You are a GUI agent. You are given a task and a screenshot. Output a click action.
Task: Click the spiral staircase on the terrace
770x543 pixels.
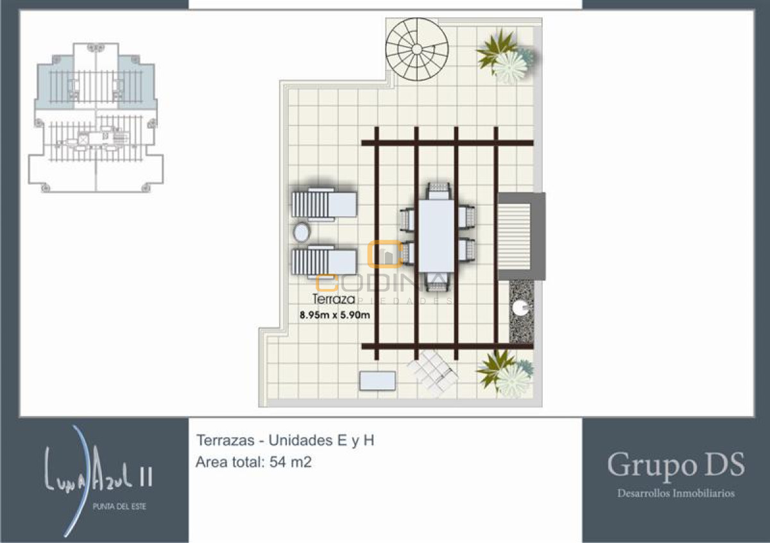417,49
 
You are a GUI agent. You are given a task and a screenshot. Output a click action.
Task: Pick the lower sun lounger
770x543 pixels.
324,262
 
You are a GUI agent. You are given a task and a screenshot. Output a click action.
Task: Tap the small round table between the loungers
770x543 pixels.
301,231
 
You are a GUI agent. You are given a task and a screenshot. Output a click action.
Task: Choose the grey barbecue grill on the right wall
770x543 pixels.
521,236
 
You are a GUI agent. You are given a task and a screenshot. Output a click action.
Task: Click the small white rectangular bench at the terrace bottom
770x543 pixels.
377,381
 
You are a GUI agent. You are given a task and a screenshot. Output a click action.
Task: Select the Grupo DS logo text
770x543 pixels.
676,465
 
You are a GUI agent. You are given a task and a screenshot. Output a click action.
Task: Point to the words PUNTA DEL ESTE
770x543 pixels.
120,507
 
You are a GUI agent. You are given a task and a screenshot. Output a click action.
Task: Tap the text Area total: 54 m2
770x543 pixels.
253,462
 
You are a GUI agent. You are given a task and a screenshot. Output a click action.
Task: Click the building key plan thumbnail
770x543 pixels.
96,117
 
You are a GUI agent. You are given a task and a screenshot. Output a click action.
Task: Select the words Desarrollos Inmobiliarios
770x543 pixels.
676,494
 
